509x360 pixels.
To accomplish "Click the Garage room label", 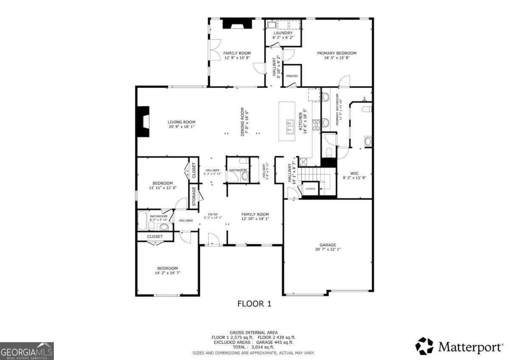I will tap(328, 245).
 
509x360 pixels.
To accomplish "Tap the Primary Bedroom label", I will tap(337, 53).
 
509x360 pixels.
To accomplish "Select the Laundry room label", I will tap(282, 33).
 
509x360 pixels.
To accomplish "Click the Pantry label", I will tap(292, 76).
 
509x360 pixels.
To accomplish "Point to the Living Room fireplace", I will tap(143, 121).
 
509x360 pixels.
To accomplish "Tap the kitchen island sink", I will tap(291, 127).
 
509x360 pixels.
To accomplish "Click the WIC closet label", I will tap(354, 173).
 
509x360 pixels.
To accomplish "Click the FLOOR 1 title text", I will tap(254, 304).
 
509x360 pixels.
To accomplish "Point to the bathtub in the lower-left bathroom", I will tap(143, 220).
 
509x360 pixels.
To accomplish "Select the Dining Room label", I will tap(243, 121).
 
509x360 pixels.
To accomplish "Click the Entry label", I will tap(213, 214).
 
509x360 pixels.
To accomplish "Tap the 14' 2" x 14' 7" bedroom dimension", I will tap(167, 273).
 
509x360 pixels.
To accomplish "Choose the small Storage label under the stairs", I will tap(310, 188).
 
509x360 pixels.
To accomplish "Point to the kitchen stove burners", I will tap(316, 124).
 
